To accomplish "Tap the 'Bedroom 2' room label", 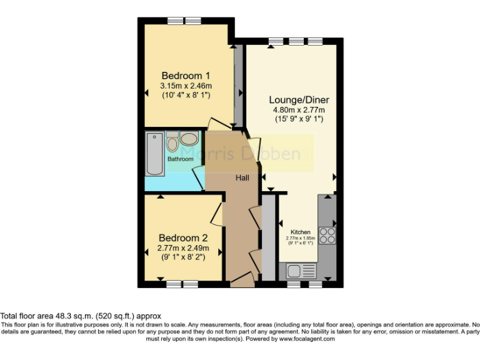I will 182,238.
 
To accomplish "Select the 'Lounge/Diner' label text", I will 299,99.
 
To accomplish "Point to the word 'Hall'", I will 242,178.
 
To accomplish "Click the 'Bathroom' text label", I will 180,159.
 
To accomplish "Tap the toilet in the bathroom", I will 172,142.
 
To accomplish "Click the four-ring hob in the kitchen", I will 327,235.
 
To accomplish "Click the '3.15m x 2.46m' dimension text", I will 186,86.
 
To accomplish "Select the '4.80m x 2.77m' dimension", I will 299,110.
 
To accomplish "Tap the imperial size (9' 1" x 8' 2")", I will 182,256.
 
